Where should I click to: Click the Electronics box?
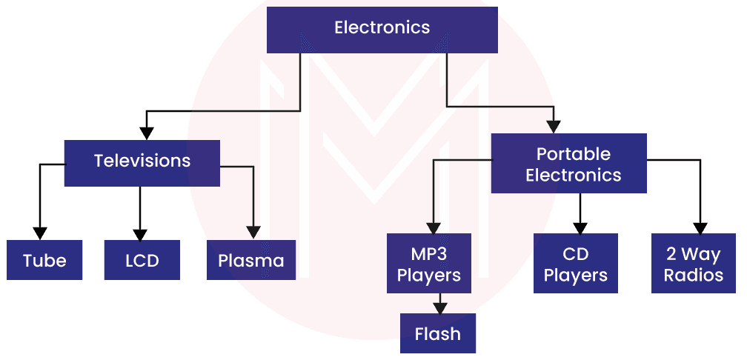point(382,29)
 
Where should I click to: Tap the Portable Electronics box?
point(568,164)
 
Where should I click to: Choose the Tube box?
point(44,260)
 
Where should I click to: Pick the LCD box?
point(142,260)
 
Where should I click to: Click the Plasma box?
point(251,260)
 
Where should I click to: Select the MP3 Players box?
point(429,264)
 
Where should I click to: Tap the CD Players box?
point(576,264)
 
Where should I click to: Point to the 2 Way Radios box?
point(694,264)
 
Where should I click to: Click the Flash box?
point(437,333)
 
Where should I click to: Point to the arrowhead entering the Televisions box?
point(147,133)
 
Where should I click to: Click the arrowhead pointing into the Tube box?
point(40,232)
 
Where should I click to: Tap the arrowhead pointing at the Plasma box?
point(254,232)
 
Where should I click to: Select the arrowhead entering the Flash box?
point(440,306)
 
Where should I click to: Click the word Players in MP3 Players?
point(429,276)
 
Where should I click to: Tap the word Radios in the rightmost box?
point(694,276)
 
